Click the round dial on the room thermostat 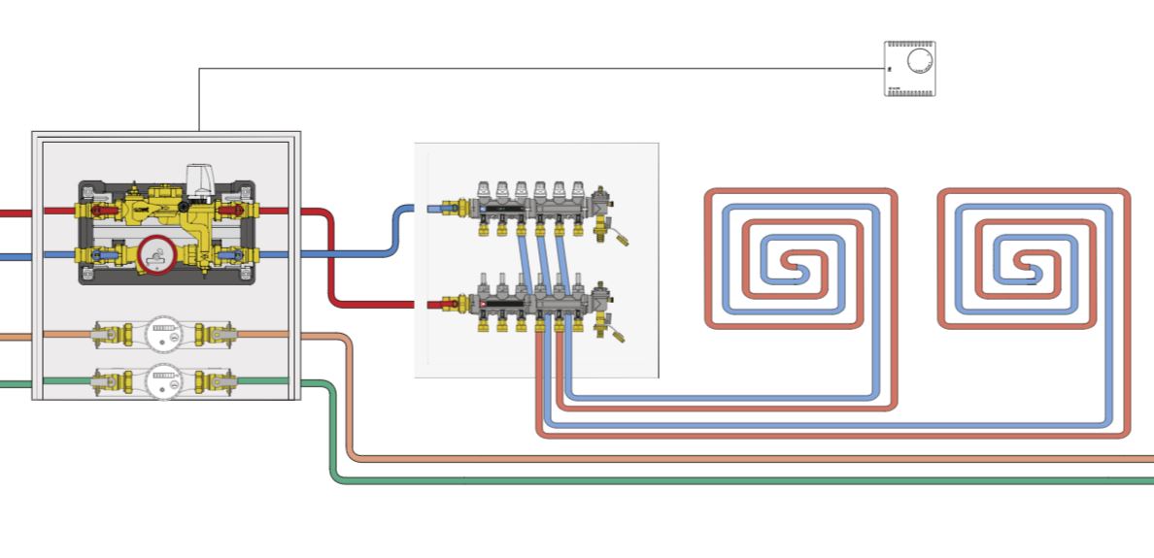click(x=918, y=62)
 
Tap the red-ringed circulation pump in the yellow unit click(x=154, y=255)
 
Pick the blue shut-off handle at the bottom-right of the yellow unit click(x=233, y=256)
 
